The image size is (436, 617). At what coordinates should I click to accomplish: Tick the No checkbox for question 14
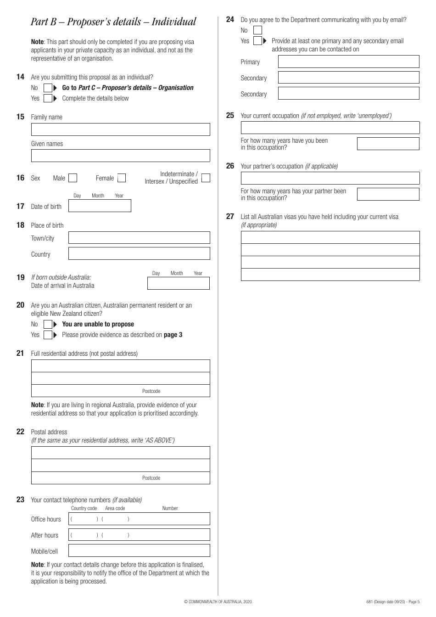point(48,88)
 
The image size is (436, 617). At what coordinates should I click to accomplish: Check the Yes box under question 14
point(48,98)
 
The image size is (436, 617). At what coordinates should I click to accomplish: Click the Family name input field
point(120,129)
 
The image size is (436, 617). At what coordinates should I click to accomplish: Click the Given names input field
point(120,156)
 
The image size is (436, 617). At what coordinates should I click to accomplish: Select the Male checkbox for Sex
point(73,178)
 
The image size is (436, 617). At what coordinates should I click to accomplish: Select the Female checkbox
point(122,178)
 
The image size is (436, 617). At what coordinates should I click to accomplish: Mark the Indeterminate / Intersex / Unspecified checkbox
point(206,178)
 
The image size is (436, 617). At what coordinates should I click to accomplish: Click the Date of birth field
point(100,206)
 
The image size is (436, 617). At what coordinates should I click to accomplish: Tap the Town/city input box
point(139,238)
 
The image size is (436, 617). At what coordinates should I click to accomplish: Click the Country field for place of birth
point(139,254)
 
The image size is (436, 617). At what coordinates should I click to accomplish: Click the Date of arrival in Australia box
point(178,283)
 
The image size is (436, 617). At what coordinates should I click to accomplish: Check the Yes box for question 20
point(48,335)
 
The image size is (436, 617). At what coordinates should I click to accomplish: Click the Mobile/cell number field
point(139,551)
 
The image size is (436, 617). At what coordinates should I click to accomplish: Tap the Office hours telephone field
point(139,519)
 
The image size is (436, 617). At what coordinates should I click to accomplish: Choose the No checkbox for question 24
point(257,30)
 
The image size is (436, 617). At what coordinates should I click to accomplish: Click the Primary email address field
point(348,62)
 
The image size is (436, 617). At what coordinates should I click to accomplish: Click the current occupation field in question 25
point(330,128)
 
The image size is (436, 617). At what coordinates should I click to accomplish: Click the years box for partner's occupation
point(388,194)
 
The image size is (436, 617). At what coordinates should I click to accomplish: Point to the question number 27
point(230,216)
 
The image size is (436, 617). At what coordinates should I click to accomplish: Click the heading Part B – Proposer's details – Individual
point(113,22)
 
